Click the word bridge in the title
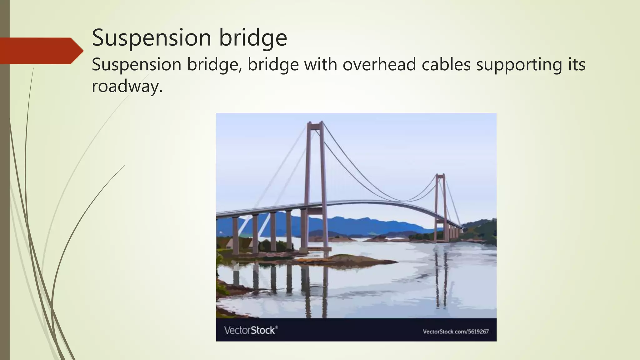252,38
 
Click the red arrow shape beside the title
41,51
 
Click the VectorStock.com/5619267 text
456,332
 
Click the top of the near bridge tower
315,123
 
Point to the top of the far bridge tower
441,175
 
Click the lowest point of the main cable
403,201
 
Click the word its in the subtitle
575,65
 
